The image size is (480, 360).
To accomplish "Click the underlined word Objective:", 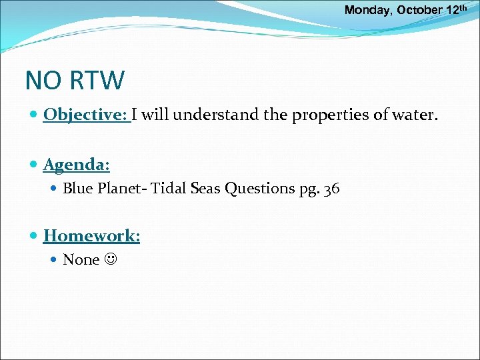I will click(87, 115).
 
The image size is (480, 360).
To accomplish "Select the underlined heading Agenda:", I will click(77, 164).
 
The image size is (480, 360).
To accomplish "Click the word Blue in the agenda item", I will click(78, 189).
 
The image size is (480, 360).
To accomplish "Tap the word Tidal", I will click(170, 189).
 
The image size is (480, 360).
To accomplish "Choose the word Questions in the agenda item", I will click(258, 189).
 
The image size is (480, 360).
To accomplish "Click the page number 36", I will click(331, 189).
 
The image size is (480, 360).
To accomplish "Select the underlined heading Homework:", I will click(92, 235).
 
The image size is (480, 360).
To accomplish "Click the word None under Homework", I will click(81, 259).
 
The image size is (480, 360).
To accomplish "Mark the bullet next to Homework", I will click(33, 235).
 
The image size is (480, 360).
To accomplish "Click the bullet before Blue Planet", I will click(55, 189).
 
